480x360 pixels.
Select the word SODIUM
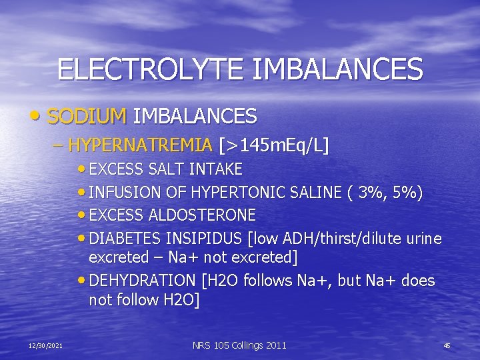click(87, 117)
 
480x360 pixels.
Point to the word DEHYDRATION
click(140, 281)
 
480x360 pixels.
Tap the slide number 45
click(447, 345)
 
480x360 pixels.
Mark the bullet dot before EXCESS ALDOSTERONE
click(82, 215)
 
